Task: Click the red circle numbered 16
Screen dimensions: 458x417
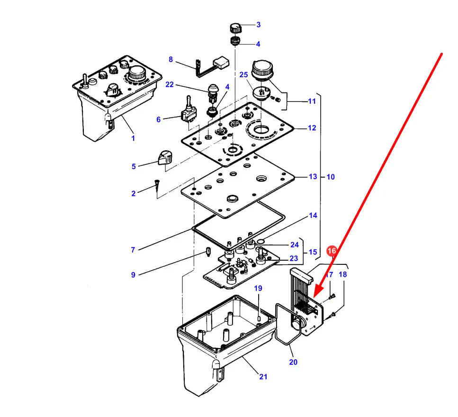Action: pos(332,251)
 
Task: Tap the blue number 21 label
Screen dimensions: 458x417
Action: pos(263,377)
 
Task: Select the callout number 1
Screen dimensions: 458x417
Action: pos(133,138)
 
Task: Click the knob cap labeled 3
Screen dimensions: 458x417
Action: pos(236,28)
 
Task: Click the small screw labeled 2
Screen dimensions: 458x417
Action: pos(157,185)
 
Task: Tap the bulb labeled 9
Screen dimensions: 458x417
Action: pos(208,252)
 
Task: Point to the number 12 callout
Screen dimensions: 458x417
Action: pos(312,128)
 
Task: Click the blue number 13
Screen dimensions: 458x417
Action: pos(313,177)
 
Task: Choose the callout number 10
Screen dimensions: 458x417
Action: pos(331,177)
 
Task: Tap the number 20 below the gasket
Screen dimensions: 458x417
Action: pos(293,362)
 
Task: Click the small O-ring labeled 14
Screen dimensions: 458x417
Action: pos(260,241)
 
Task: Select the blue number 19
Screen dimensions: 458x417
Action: pos(258,289)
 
